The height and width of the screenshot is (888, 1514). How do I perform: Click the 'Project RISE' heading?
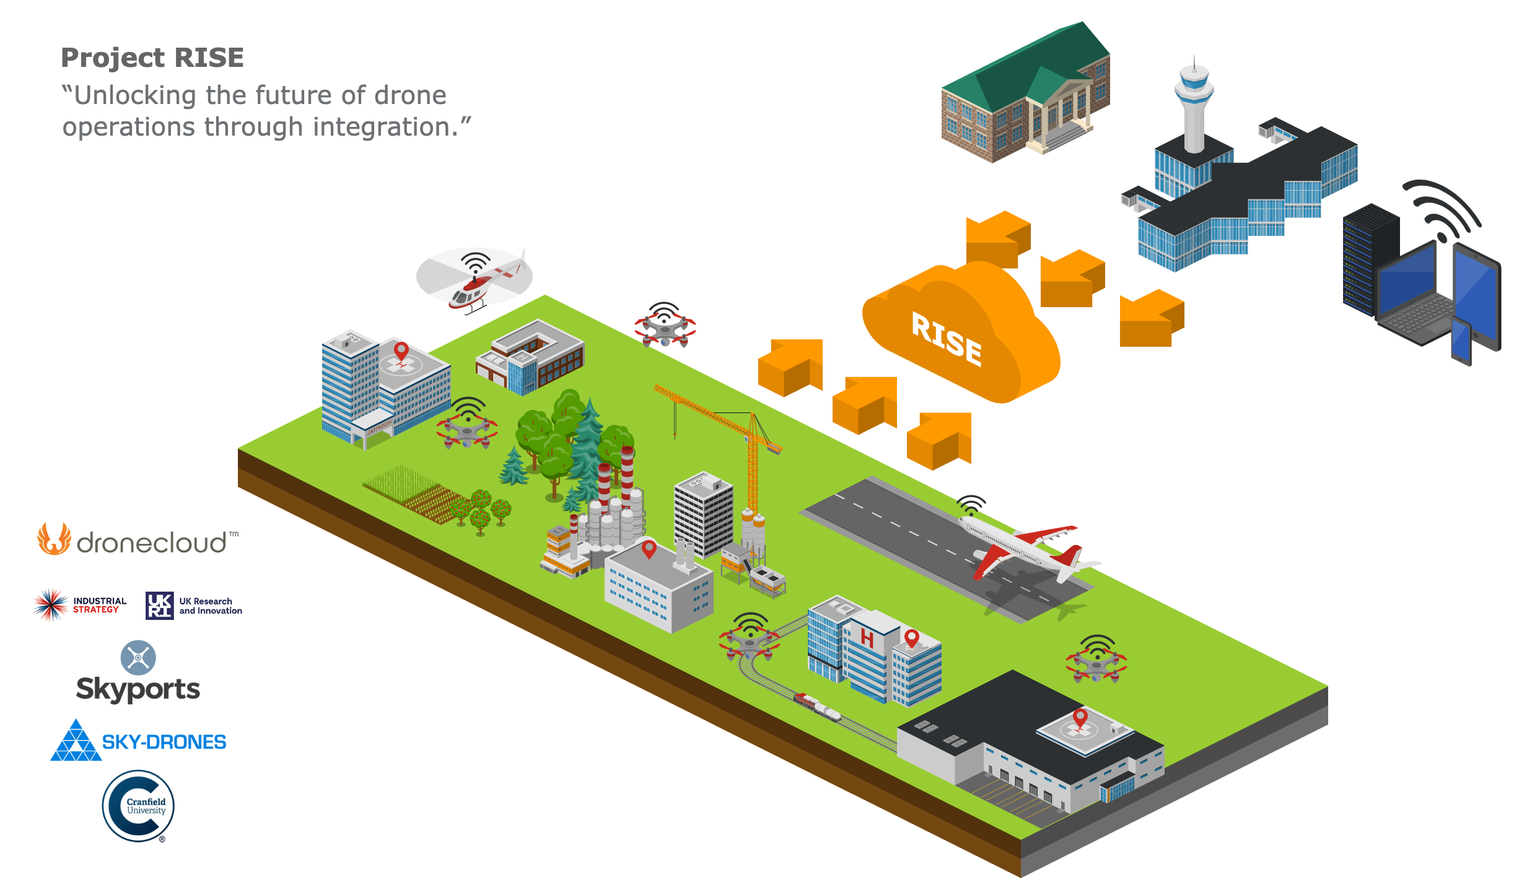coord(152,58)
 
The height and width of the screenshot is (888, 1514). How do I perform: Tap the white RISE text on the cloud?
coord(946,338)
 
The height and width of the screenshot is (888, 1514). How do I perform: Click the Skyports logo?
coord(138,673)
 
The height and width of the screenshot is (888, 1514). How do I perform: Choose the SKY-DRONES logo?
coord(138,741)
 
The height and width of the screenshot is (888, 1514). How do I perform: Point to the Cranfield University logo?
coord(138,806)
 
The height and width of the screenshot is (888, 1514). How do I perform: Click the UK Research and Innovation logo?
coord(193,606)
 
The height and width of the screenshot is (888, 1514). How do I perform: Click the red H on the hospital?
coord(867,638)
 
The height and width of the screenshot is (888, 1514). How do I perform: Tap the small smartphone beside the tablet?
coord(1461,341)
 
